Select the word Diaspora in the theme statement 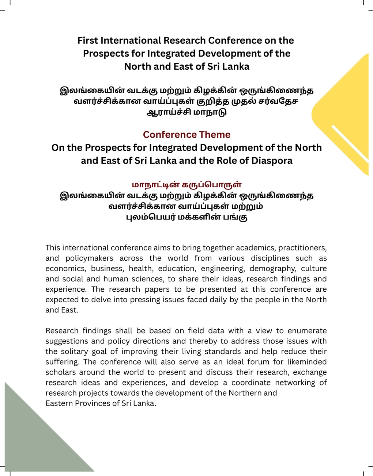272,161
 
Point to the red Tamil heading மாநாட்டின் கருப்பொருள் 186,185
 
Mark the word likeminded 305,362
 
